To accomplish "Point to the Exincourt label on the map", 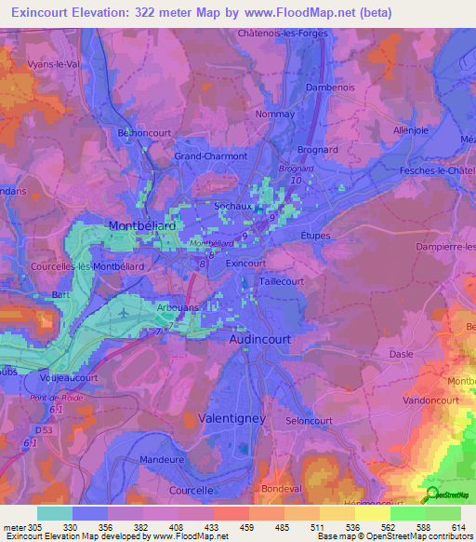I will point(246,264).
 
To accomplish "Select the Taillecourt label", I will point(282,279).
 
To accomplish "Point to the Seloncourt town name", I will point(310,420).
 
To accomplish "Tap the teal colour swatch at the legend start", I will point(55,513).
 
